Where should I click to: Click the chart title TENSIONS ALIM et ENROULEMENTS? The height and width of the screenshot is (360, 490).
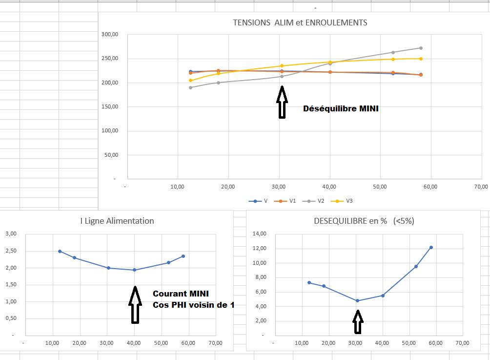pyautogui.click(x=300, y=22)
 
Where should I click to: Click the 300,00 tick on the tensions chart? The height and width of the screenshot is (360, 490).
pyautogui.click(x=110, y=35)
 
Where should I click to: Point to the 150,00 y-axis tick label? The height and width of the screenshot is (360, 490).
pyautogui.click(x=110, y=107)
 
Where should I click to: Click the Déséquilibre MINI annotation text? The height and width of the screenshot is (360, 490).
pyautogui.click(x=341, y=108)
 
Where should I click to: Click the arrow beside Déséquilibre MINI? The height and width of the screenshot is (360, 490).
pyautogui.click(x=282, y=102)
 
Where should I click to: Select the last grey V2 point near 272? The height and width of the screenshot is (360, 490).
pyautogui.click(x=421, y=48)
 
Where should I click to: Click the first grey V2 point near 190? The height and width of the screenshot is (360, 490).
pyautogui.click(x=191, y=87)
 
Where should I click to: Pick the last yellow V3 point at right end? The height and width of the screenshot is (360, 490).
pyautogui.click(x=421, y=59)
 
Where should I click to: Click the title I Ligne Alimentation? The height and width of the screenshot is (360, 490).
pyautogui.click(x=117, y=221)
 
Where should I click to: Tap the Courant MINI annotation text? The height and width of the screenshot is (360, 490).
pyautogui.click(x=181, y=294)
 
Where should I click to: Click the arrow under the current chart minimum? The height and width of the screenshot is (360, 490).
pyautogui.click(x=135, y=304)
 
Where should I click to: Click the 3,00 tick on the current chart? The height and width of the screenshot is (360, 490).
pyautogui.click(x=11, y=233)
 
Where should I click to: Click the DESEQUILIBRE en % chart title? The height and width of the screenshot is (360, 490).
pyautogui.click(x=364, y=221)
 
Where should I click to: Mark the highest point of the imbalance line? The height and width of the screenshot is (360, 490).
pyautogui.click(x=431, y=247)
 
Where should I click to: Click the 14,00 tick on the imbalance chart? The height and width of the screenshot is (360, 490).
pyautogui.click(x=259, y=233)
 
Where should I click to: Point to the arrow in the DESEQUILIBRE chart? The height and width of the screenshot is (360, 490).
pyautogui.click(x=358, y=321)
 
